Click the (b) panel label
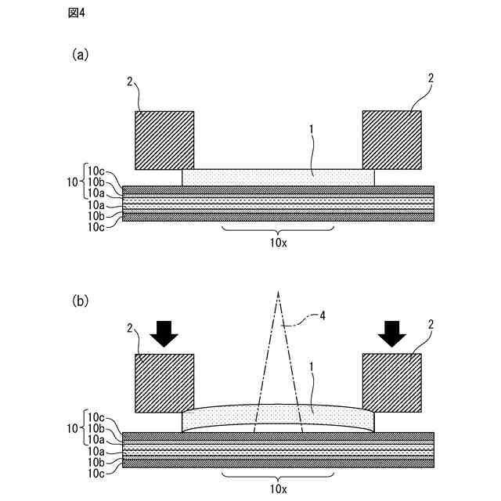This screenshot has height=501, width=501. coord(81,300)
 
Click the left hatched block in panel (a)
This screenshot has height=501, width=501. coord(164,140)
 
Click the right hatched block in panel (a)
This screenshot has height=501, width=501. coord(391,140)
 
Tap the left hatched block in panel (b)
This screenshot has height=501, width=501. coord(164,383)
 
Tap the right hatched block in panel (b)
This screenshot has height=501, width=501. coord(391,383)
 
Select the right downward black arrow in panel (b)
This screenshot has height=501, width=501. coord(391,333)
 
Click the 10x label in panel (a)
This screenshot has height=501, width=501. coord(278,243)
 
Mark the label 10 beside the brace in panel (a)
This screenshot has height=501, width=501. coord(72,181)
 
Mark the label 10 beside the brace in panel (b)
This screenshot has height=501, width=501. coord(72,428)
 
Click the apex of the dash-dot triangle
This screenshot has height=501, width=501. coord(278,291)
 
